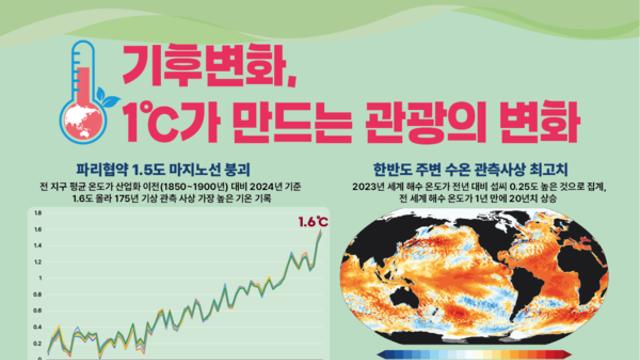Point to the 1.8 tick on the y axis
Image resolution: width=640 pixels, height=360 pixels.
pos(38,213)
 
